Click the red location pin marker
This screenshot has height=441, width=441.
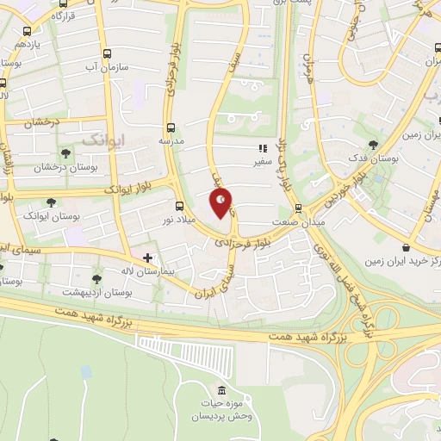221,202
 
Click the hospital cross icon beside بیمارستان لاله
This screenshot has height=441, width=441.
147,257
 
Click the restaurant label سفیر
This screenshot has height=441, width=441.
263,161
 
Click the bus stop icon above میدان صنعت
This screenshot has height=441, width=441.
298,208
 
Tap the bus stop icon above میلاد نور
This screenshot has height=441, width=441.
179,206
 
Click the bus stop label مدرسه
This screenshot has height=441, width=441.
170,139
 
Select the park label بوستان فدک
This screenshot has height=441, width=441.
373,158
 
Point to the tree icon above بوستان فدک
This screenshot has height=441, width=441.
373,145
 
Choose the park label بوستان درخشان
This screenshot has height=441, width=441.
37,167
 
